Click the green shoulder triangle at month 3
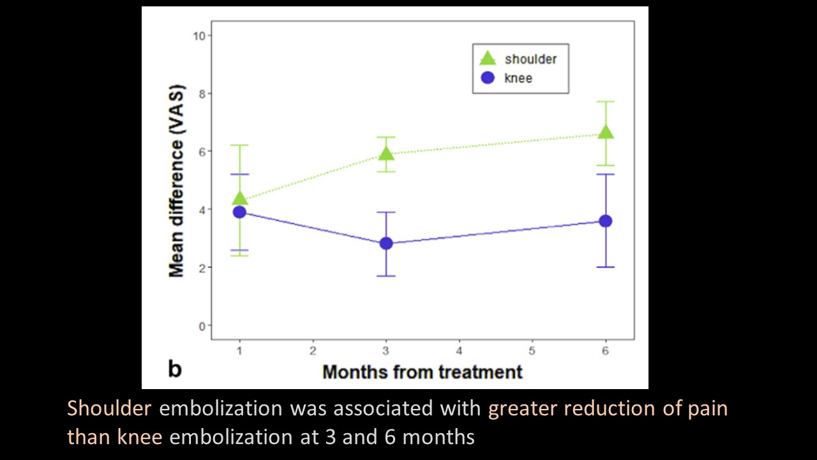[386, 153]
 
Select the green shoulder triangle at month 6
[606, 132]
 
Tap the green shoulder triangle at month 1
[240, 198]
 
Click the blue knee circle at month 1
[239, 212]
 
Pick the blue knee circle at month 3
[386, 243]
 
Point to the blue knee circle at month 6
[606, 221]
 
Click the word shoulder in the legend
[530, 59]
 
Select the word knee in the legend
[518, 78]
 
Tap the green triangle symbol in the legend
[488, 59]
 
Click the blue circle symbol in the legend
[488, 78]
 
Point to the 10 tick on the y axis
[201, 36]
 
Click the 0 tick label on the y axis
[202, 326]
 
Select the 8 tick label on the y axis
[202, 94]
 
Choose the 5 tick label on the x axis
[532, 351]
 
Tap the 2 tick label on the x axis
[313, 351]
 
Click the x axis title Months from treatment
[422, 372]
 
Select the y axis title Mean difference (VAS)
[176, 181]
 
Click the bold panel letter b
[174, 369]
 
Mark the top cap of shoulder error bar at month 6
[606, 102]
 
